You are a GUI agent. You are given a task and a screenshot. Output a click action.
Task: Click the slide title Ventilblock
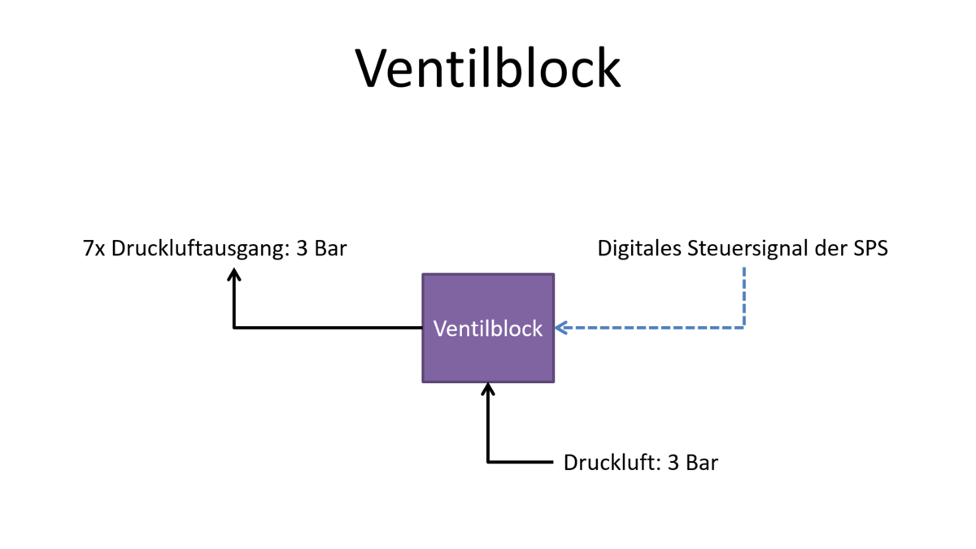488,68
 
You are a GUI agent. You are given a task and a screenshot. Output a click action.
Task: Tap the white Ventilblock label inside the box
488,329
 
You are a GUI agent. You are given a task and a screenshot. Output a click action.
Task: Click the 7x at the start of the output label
94,249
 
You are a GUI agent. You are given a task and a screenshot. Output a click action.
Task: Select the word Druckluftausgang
198,249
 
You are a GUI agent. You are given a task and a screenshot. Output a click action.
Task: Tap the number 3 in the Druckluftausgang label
302,249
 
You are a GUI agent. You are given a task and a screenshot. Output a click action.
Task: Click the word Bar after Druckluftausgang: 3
330,249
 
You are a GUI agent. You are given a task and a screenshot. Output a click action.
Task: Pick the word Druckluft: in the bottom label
612,463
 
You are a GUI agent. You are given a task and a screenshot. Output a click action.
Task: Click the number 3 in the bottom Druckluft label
673,463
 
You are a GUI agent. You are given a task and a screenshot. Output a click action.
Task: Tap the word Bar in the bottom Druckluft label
702,463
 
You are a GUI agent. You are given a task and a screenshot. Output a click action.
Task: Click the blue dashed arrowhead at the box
560,328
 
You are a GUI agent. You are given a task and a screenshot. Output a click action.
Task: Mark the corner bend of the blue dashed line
743,328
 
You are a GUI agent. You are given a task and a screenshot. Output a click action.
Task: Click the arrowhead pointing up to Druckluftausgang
234,274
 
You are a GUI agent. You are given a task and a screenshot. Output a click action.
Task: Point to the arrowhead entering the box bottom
488,388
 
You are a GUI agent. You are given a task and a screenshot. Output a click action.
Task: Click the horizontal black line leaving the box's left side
325,328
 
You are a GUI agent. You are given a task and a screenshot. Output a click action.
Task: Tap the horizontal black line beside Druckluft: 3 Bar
521,462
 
